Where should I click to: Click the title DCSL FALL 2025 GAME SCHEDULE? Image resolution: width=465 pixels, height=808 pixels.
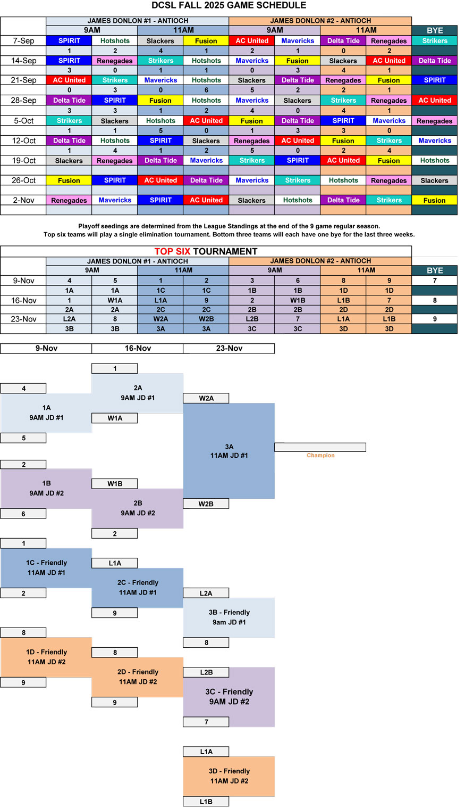coord(229,5)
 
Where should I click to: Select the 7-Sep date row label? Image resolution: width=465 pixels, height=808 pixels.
coord(23,40)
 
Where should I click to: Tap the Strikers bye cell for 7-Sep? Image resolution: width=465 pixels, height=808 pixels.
coord(434,40)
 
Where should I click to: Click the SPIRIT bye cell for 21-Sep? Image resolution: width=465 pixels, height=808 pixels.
coord(434,80)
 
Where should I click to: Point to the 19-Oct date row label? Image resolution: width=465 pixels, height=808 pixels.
coord(23,160)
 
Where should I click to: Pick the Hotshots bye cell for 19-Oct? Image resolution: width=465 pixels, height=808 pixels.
coord(434,160)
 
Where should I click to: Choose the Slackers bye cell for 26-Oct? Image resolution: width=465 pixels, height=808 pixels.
coord(434,180)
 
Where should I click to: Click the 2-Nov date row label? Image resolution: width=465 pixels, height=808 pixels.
coord(23,200)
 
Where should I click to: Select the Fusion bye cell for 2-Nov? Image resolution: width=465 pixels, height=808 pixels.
coord(434,200)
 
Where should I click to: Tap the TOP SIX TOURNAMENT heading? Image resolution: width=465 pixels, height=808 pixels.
coord(206,251)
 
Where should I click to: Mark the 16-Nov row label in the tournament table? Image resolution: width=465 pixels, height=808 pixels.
coord(23,300)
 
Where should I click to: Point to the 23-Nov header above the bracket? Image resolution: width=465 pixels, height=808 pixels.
coord(229,348)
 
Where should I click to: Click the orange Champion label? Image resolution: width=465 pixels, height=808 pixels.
coord(320,455)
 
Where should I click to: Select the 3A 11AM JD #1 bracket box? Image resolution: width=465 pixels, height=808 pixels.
coord(229,451)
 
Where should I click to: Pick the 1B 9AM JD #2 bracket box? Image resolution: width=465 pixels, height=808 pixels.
coord(46,488)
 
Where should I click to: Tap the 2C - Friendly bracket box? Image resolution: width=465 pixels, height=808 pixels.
coord(138,588)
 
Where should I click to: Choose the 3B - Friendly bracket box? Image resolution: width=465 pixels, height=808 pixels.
coord(229,617)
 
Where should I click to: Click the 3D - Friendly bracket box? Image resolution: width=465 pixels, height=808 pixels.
coord(229,776)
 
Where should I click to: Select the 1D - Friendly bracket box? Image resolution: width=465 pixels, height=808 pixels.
coord(46,657)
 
